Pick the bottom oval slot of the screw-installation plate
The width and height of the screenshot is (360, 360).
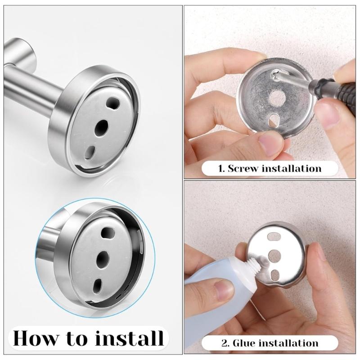(273, 120)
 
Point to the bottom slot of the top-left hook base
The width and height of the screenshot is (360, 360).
(90, 152)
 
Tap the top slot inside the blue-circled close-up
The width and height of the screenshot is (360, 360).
(108, 234)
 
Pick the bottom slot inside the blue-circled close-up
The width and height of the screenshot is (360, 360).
(97, 284)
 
